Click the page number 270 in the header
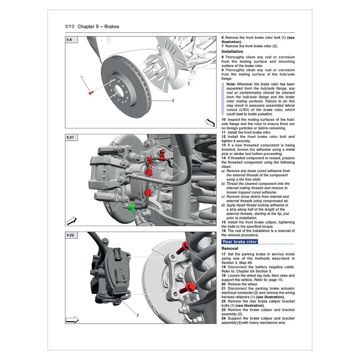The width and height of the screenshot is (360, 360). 70,26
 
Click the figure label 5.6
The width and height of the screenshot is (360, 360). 70,40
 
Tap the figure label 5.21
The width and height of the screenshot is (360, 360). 70,137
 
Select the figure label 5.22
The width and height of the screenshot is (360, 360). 70,235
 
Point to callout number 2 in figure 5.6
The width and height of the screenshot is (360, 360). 173,101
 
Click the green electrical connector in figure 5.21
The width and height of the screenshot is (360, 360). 131,207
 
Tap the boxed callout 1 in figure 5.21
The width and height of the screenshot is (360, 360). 184,171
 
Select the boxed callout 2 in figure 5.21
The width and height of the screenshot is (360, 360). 117,199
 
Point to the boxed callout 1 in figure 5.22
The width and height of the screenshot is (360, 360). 208,267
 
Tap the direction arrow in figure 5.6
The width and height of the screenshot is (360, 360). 210,123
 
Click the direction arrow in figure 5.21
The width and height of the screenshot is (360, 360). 72,221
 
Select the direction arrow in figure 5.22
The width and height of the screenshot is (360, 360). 72,320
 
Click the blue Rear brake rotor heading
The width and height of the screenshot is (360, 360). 240,242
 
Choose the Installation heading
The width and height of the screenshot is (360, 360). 232,51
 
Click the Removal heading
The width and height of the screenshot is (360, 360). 230,248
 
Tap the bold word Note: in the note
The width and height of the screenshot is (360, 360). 231,84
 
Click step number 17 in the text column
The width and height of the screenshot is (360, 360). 224,254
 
